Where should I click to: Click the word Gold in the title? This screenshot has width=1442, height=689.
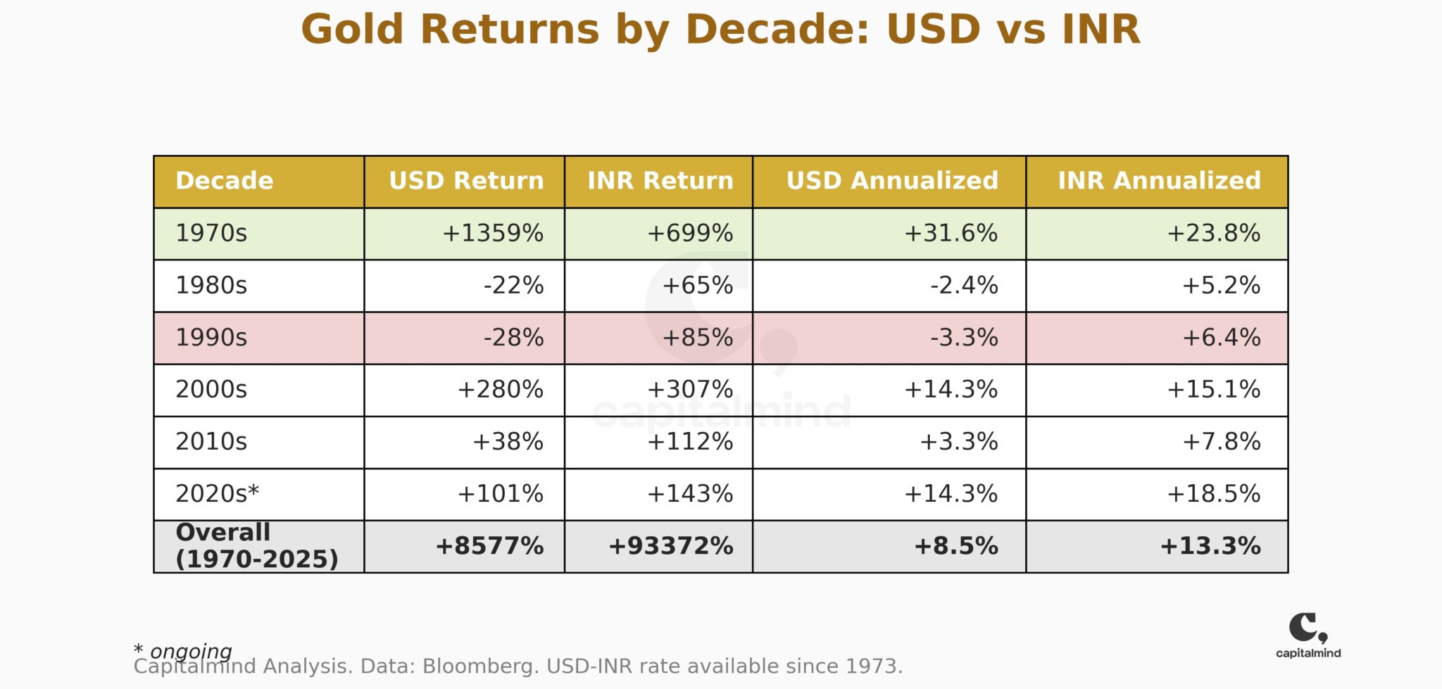[352, 30]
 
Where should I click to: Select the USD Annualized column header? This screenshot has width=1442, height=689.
[891, 181]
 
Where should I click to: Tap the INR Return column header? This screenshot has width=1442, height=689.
[660, 181]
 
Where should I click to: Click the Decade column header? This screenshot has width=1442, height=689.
[224, 181]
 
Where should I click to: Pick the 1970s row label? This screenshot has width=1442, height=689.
[211, 233]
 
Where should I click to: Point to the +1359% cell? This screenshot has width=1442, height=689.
[492, 233]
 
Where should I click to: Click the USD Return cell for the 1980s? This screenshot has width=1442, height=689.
[513, 285]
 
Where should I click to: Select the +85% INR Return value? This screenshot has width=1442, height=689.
[697, 337]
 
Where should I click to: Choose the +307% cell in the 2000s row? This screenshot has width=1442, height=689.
[689, 389]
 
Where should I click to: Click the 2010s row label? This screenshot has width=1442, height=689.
[211, 441]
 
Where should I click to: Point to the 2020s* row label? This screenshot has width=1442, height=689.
[217, 493]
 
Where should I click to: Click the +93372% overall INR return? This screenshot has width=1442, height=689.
[670, 546]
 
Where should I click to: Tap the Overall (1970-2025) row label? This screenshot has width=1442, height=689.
[256, 546]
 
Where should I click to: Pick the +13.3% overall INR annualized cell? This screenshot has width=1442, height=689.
[1210, 546]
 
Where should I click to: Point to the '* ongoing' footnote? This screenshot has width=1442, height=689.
[182, 650]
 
